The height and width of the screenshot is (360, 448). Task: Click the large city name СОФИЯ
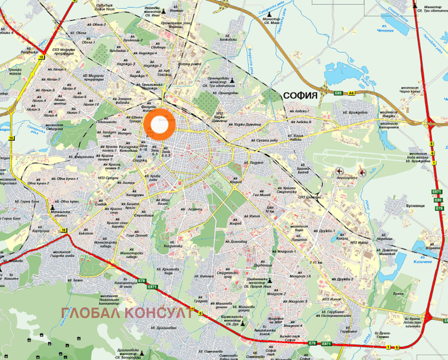pyautogui.click(x=300, y=96)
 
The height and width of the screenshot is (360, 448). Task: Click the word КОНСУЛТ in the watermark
pyautogui.click(x=159, y=312)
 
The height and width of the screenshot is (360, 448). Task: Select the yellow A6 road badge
pyautogui.click(x=351, y=93)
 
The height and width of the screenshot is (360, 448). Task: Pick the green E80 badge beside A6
pyautogui.click(x=339, y=93)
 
